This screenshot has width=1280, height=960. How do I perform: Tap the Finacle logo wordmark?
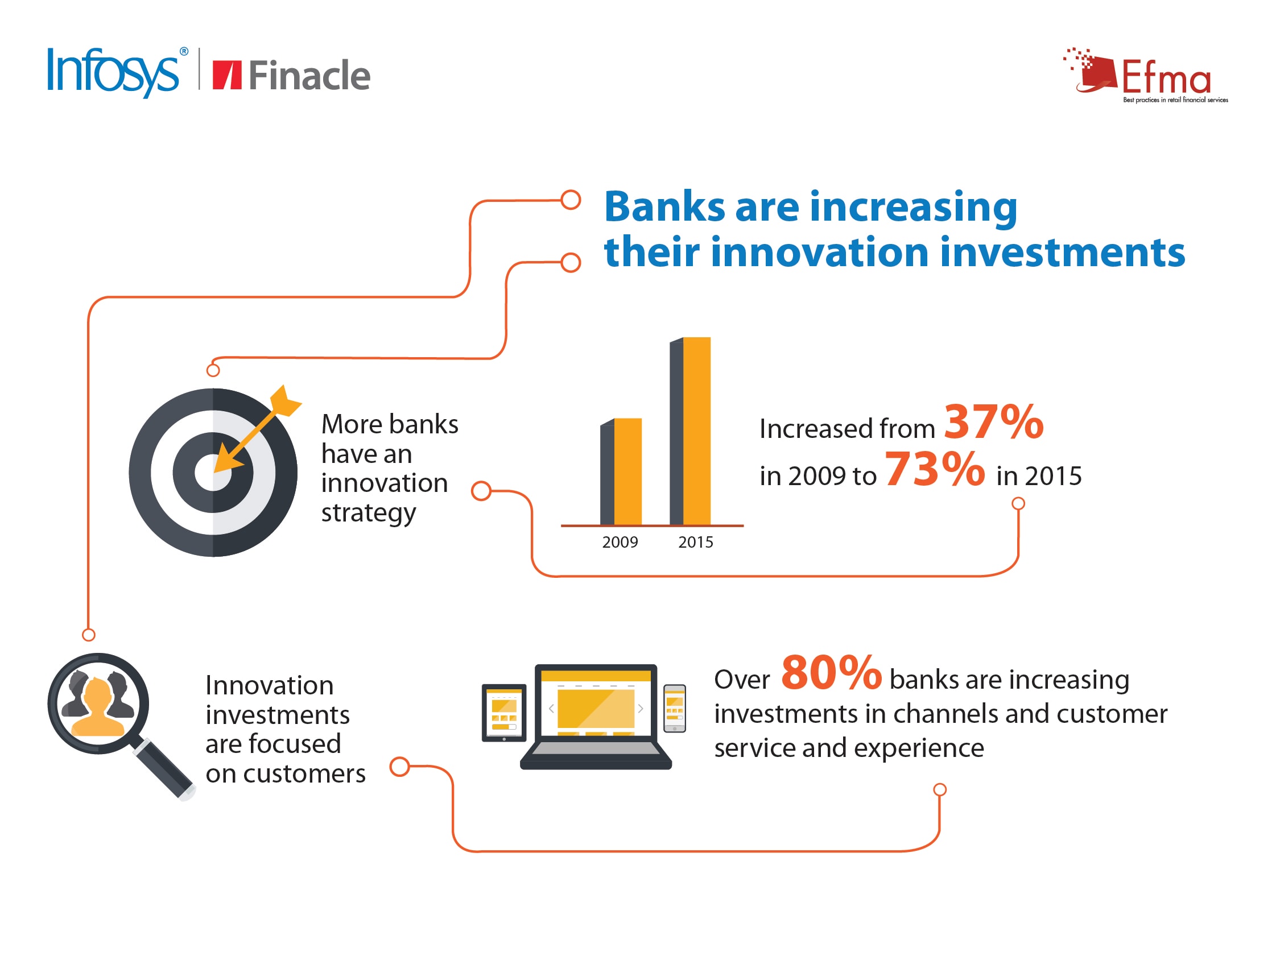tap(292, 75)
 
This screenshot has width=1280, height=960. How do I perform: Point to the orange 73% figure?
tap(935, 469)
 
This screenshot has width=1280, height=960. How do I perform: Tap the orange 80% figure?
tap(832, 672)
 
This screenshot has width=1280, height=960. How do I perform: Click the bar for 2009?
tap(621, 471)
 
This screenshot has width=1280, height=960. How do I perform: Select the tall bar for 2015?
tap(690, 431)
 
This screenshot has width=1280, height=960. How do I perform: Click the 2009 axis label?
tap(620, 542)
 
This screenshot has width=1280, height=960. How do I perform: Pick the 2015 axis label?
tap(696, 542)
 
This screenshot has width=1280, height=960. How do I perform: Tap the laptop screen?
tap(596, 702)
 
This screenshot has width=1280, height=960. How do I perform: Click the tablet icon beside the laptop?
tap(504, 713)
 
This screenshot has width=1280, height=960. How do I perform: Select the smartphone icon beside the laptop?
tap(674, 708)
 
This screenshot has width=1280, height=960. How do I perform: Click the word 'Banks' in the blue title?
tap(664, 206)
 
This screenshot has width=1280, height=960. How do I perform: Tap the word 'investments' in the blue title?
tap(1063, 253)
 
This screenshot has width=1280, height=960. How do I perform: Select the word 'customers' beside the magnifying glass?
tap(304, 773)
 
